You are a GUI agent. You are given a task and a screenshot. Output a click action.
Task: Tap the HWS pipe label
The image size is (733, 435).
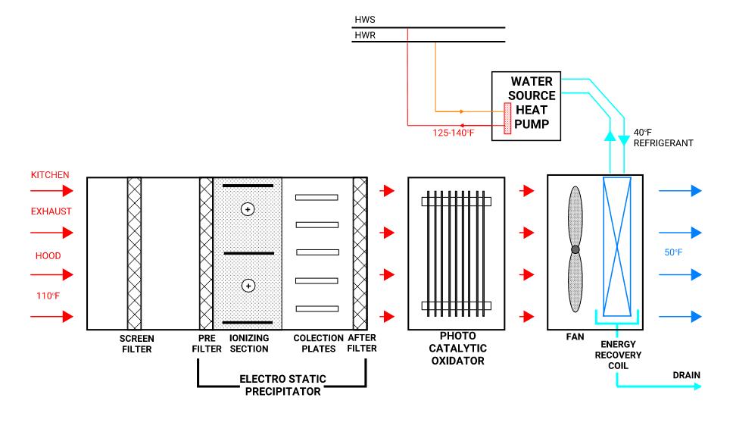coord(364,20)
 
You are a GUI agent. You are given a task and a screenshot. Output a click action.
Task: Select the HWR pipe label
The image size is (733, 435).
coord(364,35)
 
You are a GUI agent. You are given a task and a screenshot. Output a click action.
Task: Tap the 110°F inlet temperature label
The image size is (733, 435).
coord(43,296)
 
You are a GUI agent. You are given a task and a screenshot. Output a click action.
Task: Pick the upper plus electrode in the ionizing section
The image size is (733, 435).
coord(247,209)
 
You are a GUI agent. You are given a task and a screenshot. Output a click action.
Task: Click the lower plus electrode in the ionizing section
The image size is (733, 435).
coord(247,285)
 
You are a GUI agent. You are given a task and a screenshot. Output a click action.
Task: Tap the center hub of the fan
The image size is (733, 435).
coord(575,249)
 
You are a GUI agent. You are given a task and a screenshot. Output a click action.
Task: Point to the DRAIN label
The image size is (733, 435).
coord(686,374)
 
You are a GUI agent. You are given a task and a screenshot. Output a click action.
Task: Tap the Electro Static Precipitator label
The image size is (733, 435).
coord(281,384)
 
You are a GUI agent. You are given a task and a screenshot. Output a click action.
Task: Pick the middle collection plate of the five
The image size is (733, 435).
coord(317,252)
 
